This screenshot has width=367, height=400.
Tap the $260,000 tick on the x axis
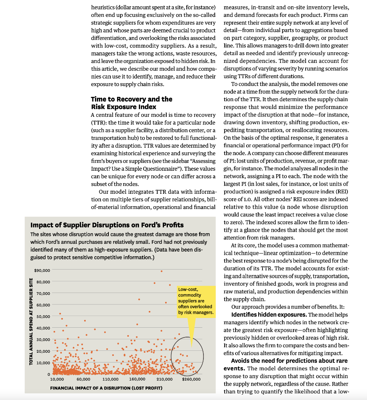coord(191,379)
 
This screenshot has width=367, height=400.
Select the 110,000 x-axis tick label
coord(110,379)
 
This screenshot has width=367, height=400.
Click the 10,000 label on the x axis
coord(57,379)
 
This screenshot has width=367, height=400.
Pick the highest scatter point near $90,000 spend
coord(161,271)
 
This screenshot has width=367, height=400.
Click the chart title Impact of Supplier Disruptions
coord(107,225)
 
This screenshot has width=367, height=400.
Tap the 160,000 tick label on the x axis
coord(137,379)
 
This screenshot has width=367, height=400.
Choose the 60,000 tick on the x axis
coord(83,379)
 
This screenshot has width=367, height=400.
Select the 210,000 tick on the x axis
coord(164,379)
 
